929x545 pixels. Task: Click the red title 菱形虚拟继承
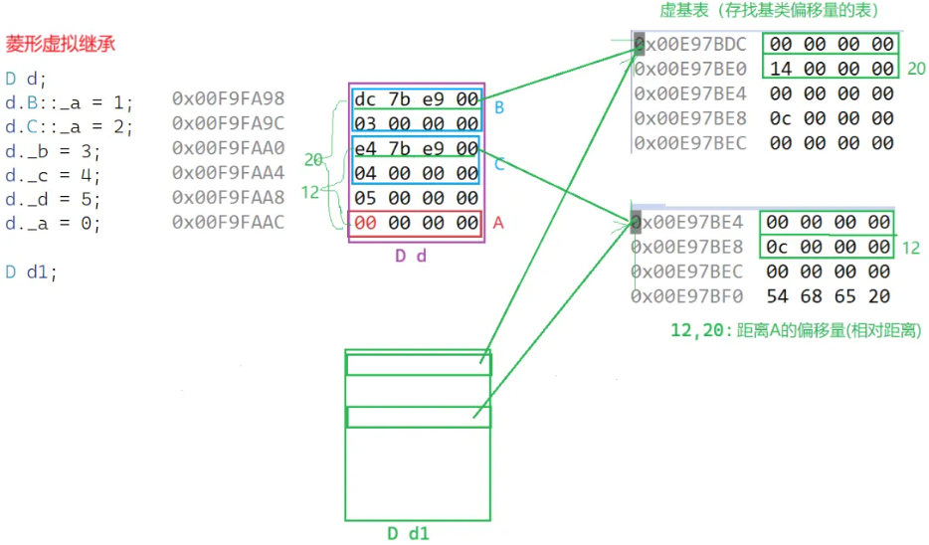point(62,45)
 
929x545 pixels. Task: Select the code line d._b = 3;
point(52,151)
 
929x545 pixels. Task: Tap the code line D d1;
point(31,271)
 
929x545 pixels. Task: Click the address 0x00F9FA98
point(228,98)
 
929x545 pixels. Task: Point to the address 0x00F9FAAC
point(228,222)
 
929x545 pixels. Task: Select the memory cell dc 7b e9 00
point(416,99)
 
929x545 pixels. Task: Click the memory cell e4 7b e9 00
point(416,149)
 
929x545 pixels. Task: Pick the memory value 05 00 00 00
point(416,198)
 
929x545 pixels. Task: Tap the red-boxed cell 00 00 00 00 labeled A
point(416,224)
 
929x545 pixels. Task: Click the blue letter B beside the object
point(499,107)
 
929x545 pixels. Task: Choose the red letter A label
point(498,224)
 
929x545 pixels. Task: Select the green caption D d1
point(408,534)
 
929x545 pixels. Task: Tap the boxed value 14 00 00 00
point(832,70)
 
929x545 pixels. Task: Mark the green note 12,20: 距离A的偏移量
point(796,330)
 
